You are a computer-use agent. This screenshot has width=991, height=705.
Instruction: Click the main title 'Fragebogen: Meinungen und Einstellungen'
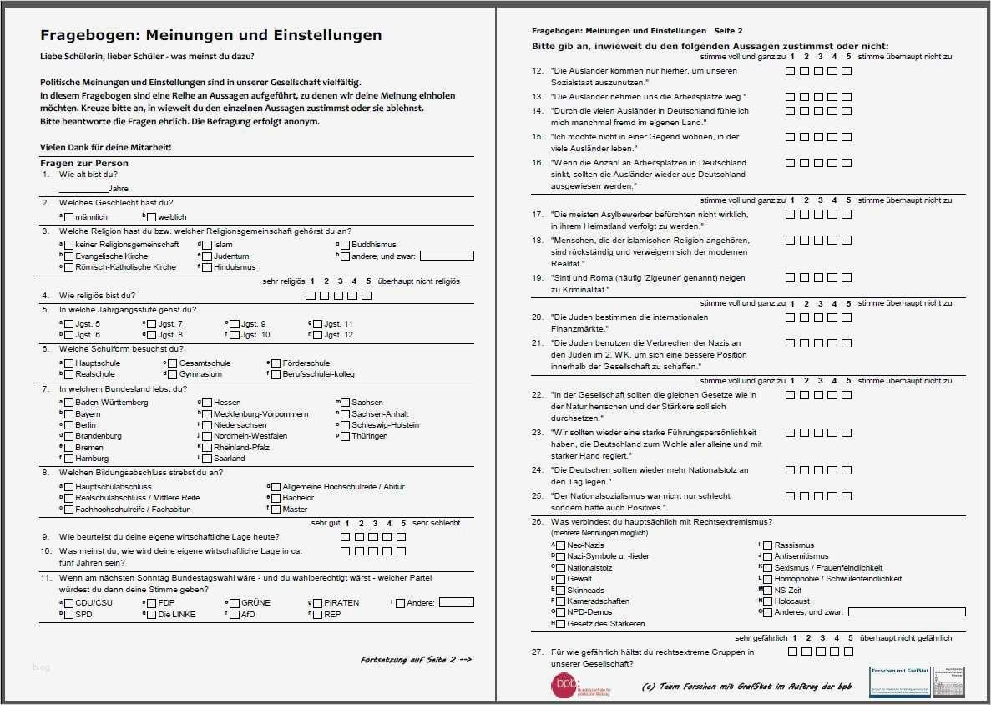coord(210,35)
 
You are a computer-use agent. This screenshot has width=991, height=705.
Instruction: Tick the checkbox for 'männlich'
coord(69,217)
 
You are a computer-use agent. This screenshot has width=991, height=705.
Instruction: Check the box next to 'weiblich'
coord(151,217)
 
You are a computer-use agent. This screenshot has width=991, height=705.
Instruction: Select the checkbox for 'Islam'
coord(207,245)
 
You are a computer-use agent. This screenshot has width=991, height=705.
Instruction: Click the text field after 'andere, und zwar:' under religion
coord(446,256)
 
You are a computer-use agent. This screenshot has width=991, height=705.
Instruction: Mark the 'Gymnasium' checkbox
coord(172,374)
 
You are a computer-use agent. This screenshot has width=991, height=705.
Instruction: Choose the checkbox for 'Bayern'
coord(69,413)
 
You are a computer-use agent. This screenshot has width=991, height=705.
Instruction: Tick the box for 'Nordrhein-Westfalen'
coord(207,436)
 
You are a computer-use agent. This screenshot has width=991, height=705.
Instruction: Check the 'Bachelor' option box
coord(276,498)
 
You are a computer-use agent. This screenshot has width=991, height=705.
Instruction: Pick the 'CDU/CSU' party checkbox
coord(69,602)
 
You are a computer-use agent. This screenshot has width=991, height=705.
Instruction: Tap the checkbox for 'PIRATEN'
coord(318,602)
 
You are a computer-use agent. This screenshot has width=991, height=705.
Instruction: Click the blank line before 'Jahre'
coord(83,188)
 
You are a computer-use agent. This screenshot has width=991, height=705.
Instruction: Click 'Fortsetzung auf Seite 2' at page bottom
coord(416,660)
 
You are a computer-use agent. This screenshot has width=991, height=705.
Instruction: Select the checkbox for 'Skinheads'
coord(561,590)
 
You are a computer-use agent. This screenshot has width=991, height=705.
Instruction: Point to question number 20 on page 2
coord(538,317)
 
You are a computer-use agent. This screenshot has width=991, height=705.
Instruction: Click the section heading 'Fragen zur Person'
coord(83,163)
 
